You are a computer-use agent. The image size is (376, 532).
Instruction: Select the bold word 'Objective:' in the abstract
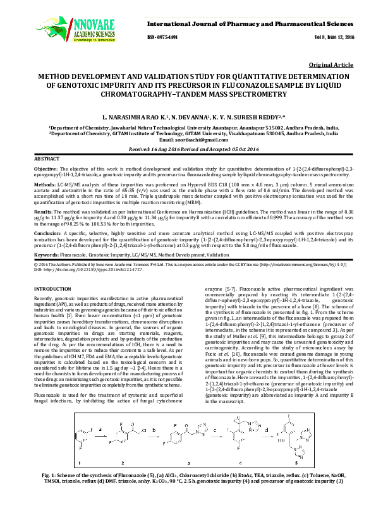(x=45, y=169)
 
